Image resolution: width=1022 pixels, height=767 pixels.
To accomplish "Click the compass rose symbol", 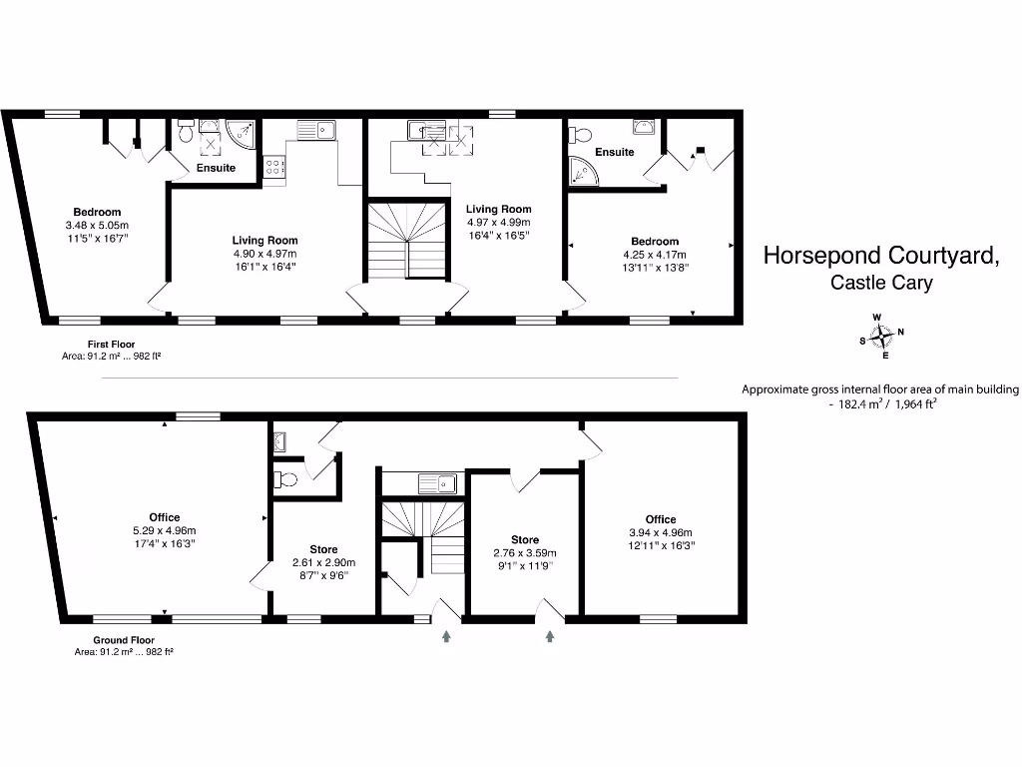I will point(882,337).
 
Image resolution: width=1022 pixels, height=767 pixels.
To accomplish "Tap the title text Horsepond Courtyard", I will point(881,256).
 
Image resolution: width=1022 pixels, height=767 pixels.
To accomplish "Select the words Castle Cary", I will point(881,283).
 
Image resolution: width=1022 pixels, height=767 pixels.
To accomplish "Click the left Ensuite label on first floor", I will point(216,168).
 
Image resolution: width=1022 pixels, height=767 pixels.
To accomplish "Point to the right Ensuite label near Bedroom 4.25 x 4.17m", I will point(615,152).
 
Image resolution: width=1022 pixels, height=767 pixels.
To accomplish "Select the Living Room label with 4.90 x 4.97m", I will point(264,240).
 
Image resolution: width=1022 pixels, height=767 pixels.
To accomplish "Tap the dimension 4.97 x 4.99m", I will point(498,223).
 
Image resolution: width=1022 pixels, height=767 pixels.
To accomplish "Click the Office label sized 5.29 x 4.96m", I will point(165,516).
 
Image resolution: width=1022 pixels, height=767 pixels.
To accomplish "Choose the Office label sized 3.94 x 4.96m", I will point(660,519).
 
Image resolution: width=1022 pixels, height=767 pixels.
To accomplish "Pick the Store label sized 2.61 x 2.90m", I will point(323,549).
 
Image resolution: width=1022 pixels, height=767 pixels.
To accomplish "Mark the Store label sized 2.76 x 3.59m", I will point(525,539).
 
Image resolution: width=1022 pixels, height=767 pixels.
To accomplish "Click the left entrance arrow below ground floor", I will point(446,634).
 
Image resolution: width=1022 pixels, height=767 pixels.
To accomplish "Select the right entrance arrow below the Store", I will point(550,634).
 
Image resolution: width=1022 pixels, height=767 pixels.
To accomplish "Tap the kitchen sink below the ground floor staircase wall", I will point(436,484).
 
